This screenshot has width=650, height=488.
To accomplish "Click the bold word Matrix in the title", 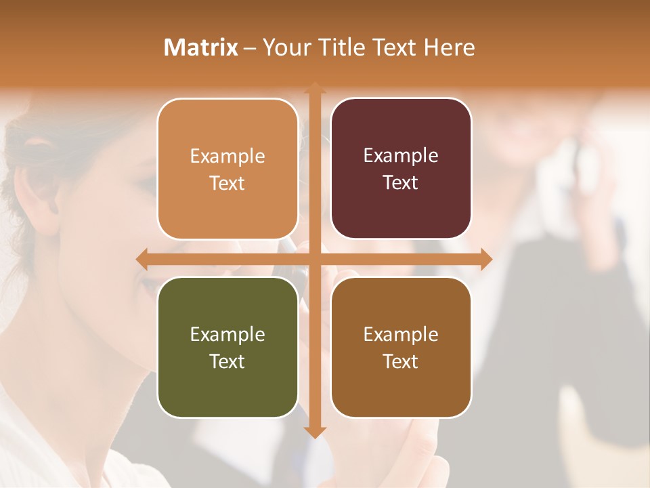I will click(x=201, y=47).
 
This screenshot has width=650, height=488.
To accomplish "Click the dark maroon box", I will click(x=401, y=169).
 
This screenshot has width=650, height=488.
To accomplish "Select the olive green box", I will click(x=227, y=347).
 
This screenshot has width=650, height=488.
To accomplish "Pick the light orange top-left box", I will click(x=227, y=169).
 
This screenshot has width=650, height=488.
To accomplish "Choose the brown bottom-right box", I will click(x=401, y=347).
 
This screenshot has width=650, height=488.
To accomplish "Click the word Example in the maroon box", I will click(x=401, y=156).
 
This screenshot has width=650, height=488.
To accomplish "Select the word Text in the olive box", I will click(x=227, y=361).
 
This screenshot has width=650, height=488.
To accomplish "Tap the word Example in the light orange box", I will click(x=227, y=156).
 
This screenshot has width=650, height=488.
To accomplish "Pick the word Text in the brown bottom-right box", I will click(x=401, y=361).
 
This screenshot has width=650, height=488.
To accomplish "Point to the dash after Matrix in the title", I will click(x=250, y=48).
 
